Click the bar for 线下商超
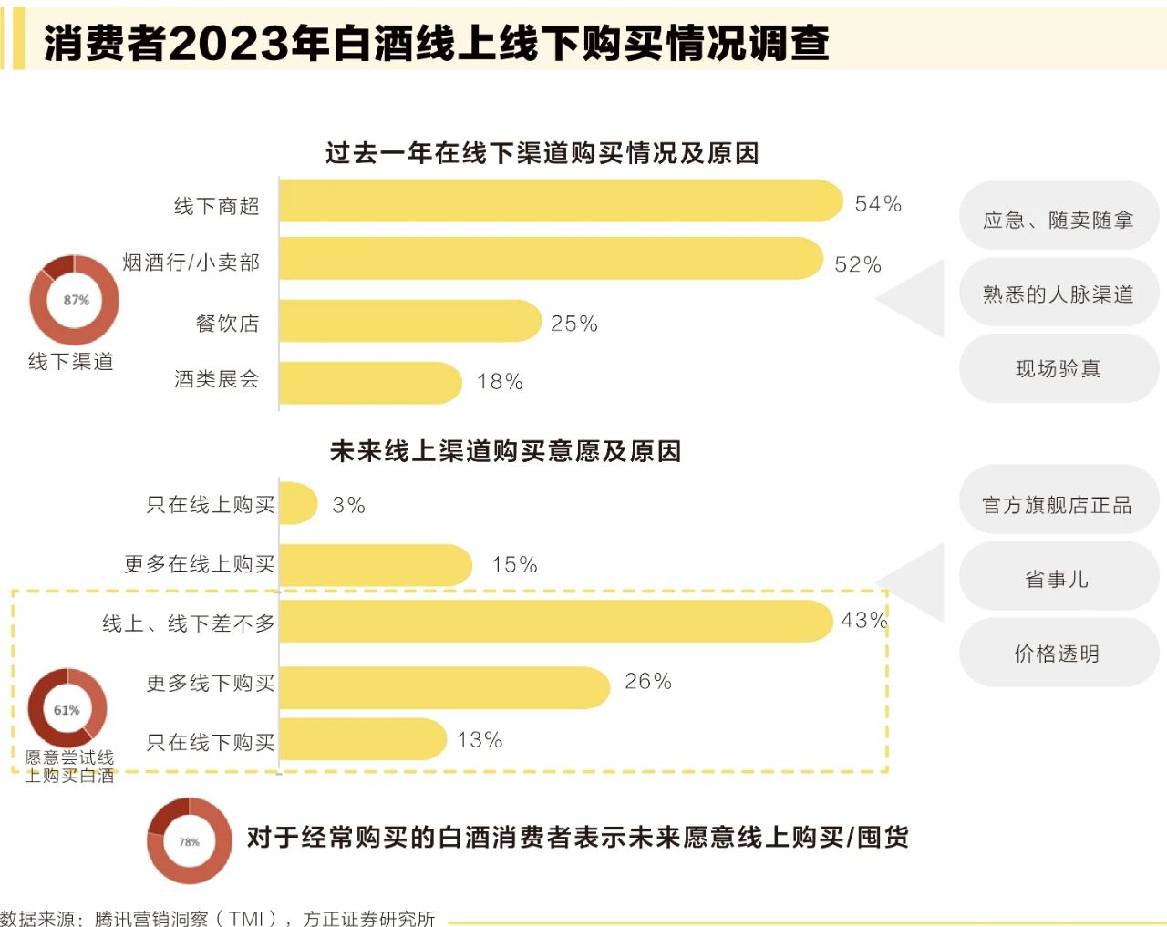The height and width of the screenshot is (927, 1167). pos(560,201)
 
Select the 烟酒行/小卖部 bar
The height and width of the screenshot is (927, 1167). pos(551,259)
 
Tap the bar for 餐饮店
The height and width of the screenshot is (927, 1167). pos(409,321)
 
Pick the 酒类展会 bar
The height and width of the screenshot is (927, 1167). pos(370,383)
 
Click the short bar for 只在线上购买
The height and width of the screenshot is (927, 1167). pos(297,503)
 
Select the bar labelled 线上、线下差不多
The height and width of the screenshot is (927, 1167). pos(555,622)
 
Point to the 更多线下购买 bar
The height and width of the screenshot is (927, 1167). pos(444,687)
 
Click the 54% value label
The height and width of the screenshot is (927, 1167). pos(878,204)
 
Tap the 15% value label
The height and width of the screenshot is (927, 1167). pos(514,565)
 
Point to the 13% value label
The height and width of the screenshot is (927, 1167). pos(480,740)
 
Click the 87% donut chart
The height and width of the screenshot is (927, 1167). pos(75,300)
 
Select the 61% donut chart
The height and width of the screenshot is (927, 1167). pos(67,709)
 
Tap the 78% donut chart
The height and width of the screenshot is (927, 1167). pos(190,841)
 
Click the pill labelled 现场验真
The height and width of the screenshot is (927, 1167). pos(1059,368)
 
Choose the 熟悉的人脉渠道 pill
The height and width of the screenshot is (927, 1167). pos(1059,294)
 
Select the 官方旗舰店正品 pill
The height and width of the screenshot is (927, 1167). pos(1058,505)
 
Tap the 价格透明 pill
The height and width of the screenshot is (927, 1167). pos(1058,654)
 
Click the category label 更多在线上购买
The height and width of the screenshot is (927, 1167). pos(200,564)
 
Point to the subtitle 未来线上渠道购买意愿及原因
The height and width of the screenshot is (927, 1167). pos(506,451)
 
